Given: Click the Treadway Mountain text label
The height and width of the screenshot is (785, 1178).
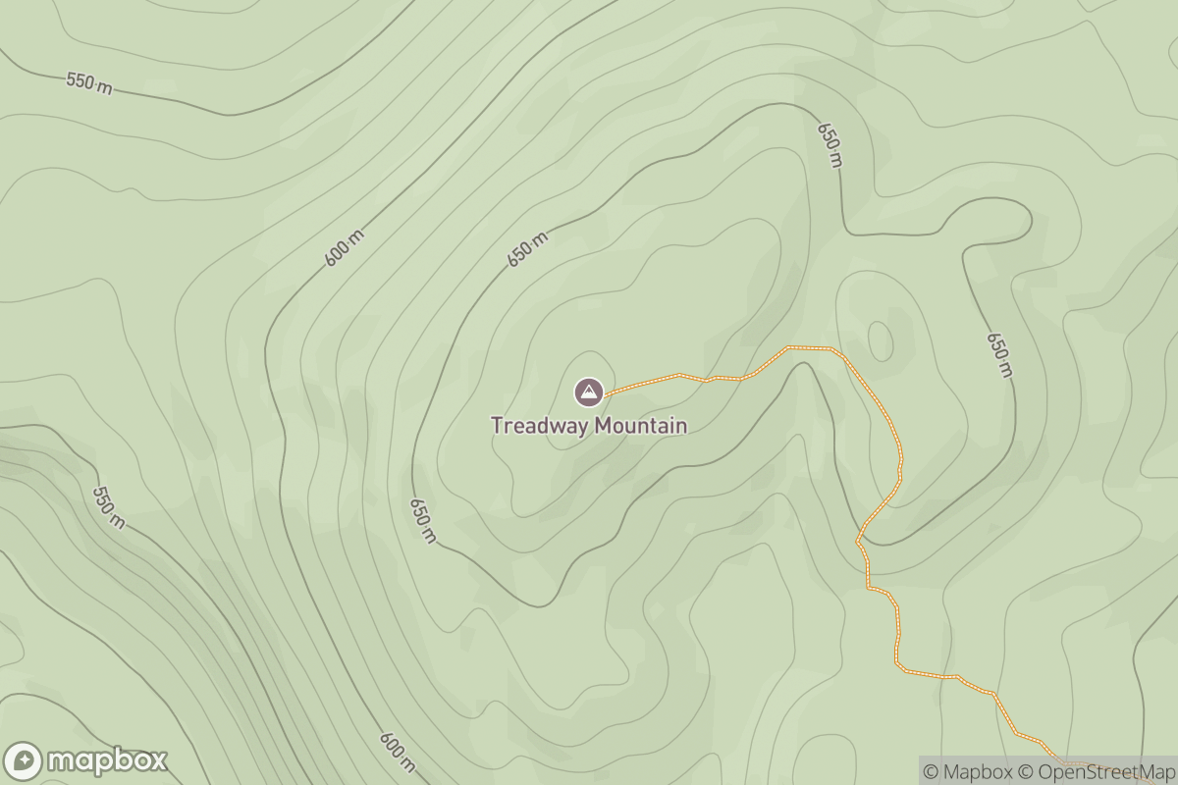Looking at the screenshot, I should [589, 426].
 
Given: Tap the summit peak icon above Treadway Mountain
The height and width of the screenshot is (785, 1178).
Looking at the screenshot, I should [589, 393].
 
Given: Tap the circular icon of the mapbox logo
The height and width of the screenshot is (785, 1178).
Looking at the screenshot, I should [24, 761].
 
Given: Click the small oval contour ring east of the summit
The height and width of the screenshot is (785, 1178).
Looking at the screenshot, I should [881, 340].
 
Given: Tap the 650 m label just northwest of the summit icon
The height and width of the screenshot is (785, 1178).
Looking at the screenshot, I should [527, 251].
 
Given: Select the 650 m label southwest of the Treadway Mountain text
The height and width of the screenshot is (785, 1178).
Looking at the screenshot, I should [422, 520].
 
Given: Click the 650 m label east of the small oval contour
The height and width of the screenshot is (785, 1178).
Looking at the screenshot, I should [998, 354].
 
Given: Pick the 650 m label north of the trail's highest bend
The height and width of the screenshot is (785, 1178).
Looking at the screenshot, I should [830, 145].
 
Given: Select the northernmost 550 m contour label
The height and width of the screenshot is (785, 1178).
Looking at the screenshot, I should [89, 83].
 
